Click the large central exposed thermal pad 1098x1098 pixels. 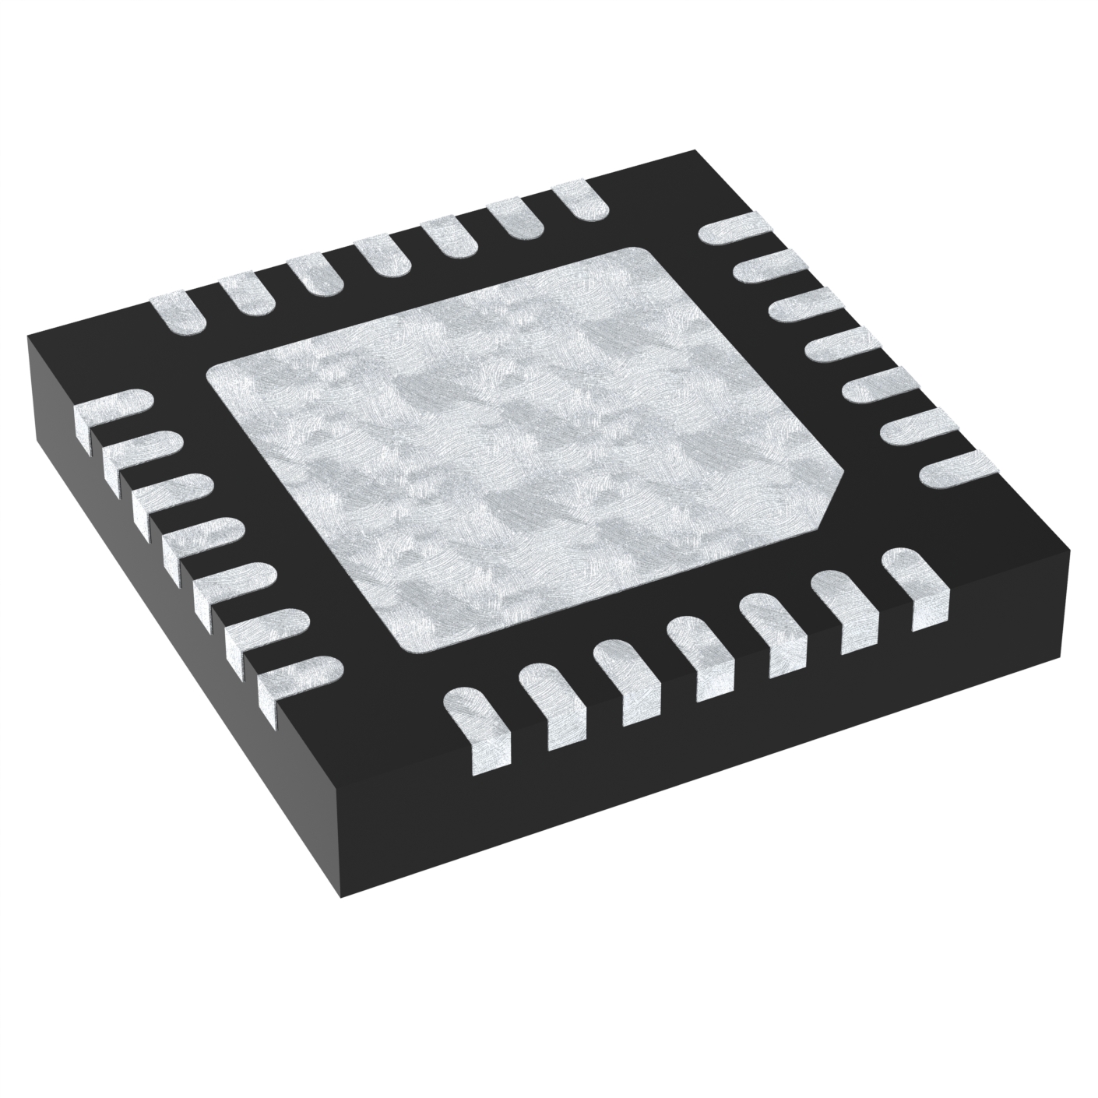(x=522, y=452)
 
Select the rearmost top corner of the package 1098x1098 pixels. (x=692, y=152)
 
